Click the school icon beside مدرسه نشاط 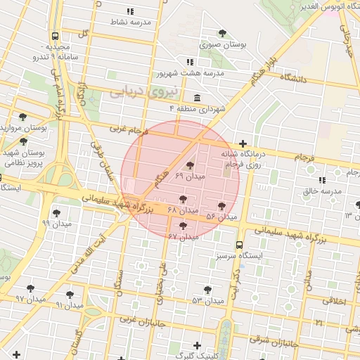click(130, 12)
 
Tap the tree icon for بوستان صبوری click(223, 33)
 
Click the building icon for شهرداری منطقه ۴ click(196, 98)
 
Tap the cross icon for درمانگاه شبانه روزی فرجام click(243, 143)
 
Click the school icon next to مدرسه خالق click(322, 181)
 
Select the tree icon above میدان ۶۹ click(190, 165)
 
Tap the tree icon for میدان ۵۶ click(222, 206)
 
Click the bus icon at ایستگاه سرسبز click(240, 245)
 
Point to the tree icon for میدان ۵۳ click(207, 290)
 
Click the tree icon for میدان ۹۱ click(70, 295)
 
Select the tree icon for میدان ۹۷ click(30, 288)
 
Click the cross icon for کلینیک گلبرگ click(196, 345)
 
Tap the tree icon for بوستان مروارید click(23, 117)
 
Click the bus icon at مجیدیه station click(55, 35)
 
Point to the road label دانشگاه click(294, 79)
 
